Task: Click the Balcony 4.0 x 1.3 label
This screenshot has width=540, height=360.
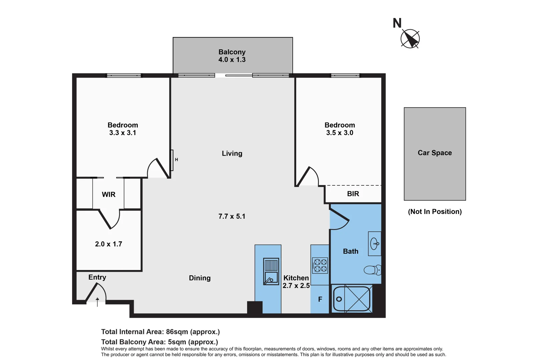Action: point(232,56)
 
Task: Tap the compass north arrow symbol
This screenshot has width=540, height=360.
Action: point(410,39)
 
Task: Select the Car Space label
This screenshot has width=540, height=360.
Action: point(435,153)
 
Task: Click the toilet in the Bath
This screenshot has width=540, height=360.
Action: point(372,270)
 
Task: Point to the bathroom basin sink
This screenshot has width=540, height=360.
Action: point(374,244)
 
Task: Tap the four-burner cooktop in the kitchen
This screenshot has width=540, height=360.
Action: point(320,265)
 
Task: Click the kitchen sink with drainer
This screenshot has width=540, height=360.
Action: point(271,271)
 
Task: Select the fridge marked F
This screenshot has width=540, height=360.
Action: point(320,299)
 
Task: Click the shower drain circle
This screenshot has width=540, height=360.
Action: point(339,299)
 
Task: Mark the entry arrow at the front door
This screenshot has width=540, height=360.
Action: point(97,302)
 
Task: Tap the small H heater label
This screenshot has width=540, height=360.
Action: point(176,160)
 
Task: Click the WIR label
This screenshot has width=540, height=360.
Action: point(109,194)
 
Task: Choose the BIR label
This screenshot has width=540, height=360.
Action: point(353,194)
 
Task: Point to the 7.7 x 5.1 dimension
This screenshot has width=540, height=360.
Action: point(232,216)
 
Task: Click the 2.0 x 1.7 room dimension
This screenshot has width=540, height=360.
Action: point(109,244)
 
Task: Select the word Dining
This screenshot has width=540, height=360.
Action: point(200,278)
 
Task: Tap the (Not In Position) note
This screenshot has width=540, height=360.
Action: point(435,212)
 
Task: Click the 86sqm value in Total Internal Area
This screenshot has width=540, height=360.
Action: point(177,332)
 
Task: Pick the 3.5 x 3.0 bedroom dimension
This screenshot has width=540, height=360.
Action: point(340,133)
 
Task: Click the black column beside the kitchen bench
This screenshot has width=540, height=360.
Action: point(254,307)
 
